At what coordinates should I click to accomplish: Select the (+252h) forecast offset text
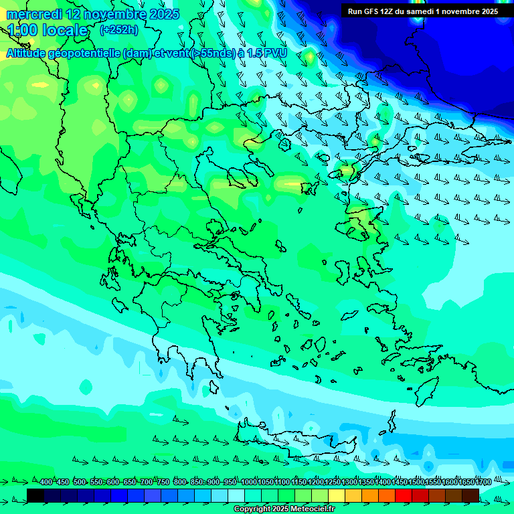click(119, 29)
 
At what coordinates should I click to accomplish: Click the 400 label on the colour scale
click(46, 482)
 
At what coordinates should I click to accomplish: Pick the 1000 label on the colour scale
click(249, 482)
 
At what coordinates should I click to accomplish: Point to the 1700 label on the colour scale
click(483, 482)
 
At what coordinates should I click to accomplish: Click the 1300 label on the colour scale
click(349, 482)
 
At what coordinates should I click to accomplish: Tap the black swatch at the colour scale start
click(35, 495)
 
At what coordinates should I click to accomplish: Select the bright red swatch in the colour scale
click(404, 495)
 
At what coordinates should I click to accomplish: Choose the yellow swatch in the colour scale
click(337, 495)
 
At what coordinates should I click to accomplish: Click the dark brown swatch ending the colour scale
click(470, 495)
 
